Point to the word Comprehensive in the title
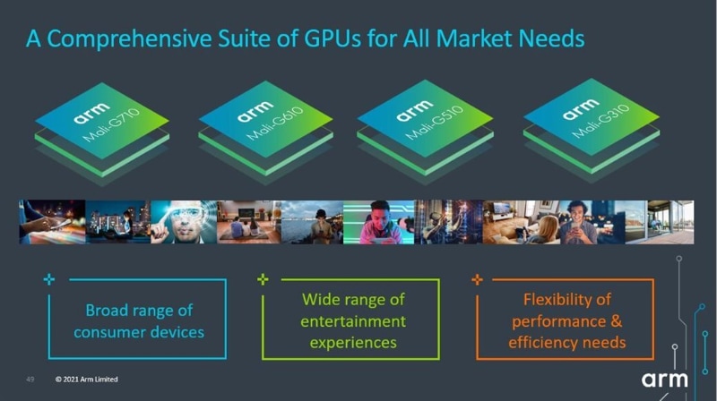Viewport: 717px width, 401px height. click(129, 39)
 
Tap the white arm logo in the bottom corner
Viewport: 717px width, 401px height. click(664, 380)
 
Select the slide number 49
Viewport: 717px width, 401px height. click(30, 380)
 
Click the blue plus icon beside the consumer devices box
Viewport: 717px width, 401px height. click(49, 279)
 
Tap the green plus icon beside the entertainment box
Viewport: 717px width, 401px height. click(263, 279)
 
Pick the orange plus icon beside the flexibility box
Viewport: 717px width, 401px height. click(477, 279)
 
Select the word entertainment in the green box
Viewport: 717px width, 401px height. click(353, 321)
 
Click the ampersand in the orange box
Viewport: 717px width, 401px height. click(617, 320)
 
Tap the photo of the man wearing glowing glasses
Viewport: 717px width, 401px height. click(184, 222)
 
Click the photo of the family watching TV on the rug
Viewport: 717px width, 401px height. click(249, 222)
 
